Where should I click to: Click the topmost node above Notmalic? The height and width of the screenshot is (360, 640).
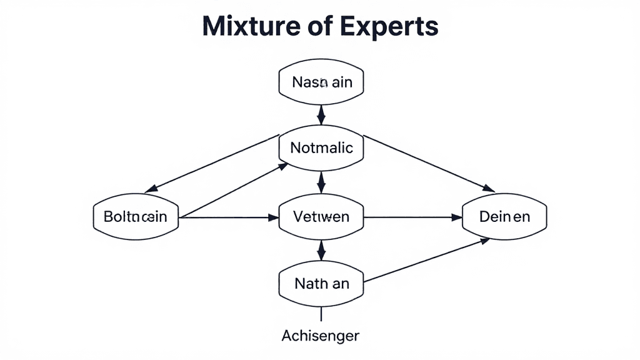point(322,82)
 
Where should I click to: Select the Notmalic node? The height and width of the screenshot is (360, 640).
point(322,148)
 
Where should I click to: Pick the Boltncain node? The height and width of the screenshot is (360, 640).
point(135,217)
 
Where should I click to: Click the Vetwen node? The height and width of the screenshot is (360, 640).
point(322,217)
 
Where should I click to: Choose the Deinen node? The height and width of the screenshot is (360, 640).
point(504,217)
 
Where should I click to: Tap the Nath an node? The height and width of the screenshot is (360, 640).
point(322,283)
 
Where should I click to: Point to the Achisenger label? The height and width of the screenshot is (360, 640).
point(321,336)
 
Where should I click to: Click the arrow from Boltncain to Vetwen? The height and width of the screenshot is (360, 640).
point(228,217)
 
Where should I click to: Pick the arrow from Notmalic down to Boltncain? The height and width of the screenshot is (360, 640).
point(212,164)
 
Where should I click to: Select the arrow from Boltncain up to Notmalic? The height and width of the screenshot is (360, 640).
point(234,190)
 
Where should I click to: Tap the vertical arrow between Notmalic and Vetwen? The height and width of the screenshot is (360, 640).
point(322,182)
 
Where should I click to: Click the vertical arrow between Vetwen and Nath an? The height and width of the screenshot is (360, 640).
point(322,250)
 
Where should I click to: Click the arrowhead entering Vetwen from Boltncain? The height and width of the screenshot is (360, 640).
point(272,217)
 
